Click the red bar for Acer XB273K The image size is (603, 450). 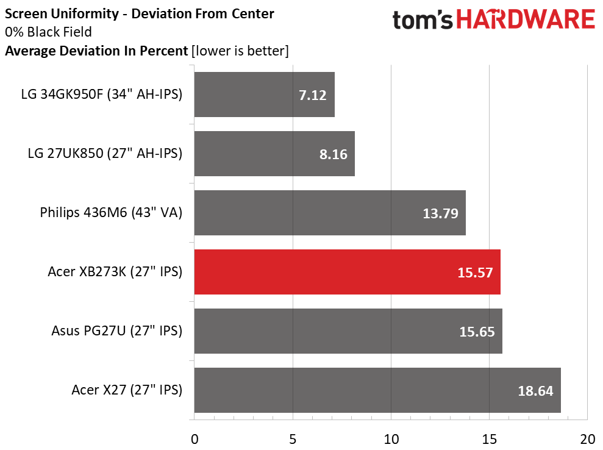pos(347,272)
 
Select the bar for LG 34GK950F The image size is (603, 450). pos(264,95)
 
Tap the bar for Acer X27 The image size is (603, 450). pos(377,390)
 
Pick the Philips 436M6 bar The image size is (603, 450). pos(329,213)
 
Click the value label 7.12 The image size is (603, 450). pos(313,95)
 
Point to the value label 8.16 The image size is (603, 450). pos(333,154)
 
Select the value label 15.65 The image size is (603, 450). pos(476,332)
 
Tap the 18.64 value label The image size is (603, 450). pos(535,391)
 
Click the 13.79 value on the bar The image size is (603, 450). pos(440,213)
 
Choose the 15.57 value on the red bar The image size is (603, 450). pos(476,273)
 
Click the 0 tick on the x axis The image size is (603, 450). pos(194,439)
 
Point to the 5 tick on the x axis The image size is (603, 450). pos(293,439)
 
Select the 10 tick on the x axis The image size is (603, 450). pos(391,439)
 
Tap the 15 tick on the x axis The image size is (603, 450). pos(489,439)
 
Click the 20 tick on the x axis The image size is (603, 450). pos(587,439)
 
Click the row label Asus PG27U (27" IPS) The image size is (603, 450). pos(117,331)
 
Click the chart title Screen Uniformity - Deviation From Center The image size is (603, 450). pos(140,13)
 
